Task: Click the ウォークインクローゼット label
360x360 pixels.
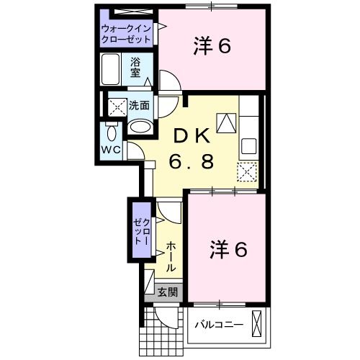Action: [x=127, y=34]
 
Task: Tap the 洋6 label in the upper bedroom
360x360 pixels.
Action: [x=211, y=47]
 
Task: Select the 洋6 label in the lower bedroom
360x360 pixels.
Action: [x=229, y=249]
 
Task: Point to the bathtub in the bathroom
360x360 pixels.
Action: [x=114, y=71]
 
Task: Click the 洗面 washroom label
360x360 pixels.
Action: [x=139, y=105]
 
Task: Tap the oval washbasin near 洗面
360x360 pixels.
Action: [x=141, y=127]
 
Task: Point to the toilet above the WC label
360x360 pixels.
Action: [x=112, y=132]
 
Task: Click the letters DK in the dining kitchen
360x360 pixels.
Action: [x=191, y=135]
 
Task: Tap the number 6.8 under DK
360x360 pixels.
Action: [x=191, y=162]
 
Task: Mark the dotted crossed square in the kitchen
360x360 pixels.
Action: [x=248, y=172]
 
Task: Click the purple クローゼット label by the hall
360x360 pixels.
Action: [x=138, y=230]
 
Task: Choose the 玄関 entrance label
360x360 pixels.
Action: [x=167, y=292]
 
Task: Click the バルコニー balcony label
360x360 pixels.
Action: [x=219, y=325]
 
